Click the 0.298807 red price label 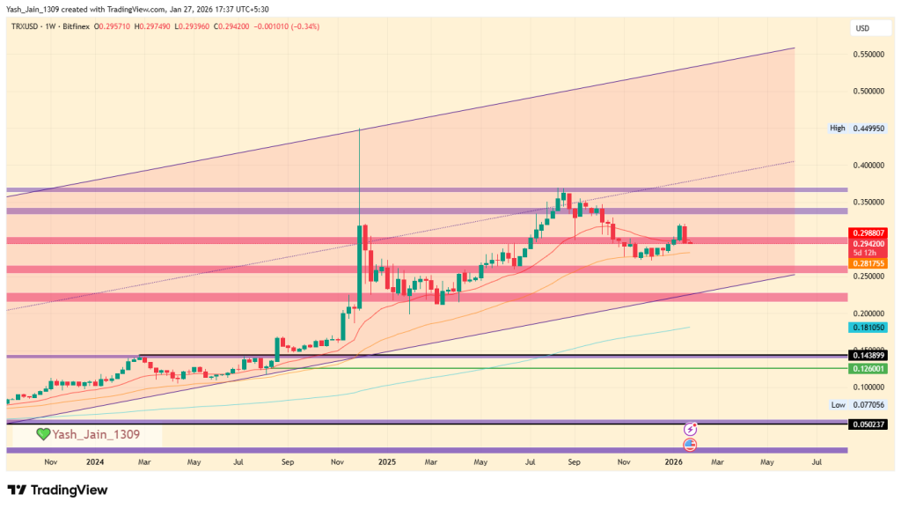coord(868,232)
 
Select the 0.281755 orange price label coord(868,262)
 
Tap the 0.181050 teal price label coord(868,327)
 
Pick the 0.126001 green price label coord(868,369)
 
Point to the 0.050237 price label coord(868,424)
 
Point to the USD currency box coord(862,29)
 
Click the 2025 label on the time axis coord(385,461)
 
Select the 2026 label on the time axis coord(673,461)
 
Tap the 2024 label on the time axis coord(95,461)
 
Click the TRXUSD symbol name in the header coord(24,27)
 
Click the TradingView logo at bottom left coord(57,490)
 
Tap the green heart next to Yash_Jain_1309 coord(43,434)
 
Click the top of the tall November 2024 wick coord(360,129)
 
